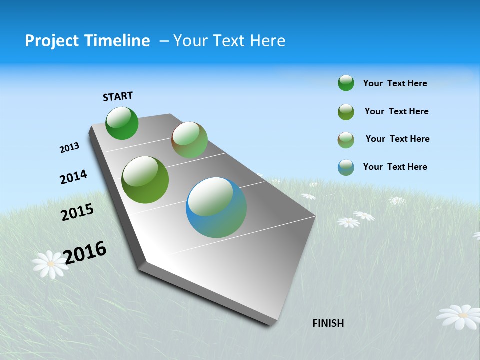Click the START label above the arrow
(118, 96)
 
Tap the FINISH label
(328, 323)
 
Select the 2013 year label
(69, 148)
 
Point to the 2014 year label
(73, 177)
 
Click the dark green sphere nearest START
(122, 123)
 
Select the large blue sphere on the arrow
(216, 207)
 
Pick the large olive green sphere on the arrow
(145, 180)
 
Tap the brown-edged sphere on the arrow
(189, 140)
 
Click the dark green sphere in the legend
(346, 83)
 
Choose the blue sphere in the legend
(346, 167)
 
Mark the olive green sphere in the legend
(346, 112)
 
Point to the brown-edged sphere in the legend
(346, 140)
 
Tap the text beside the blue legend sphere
(395, 167)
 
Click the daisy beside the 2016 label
(50, 264)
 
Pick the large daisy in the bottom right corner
(459, 316)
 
